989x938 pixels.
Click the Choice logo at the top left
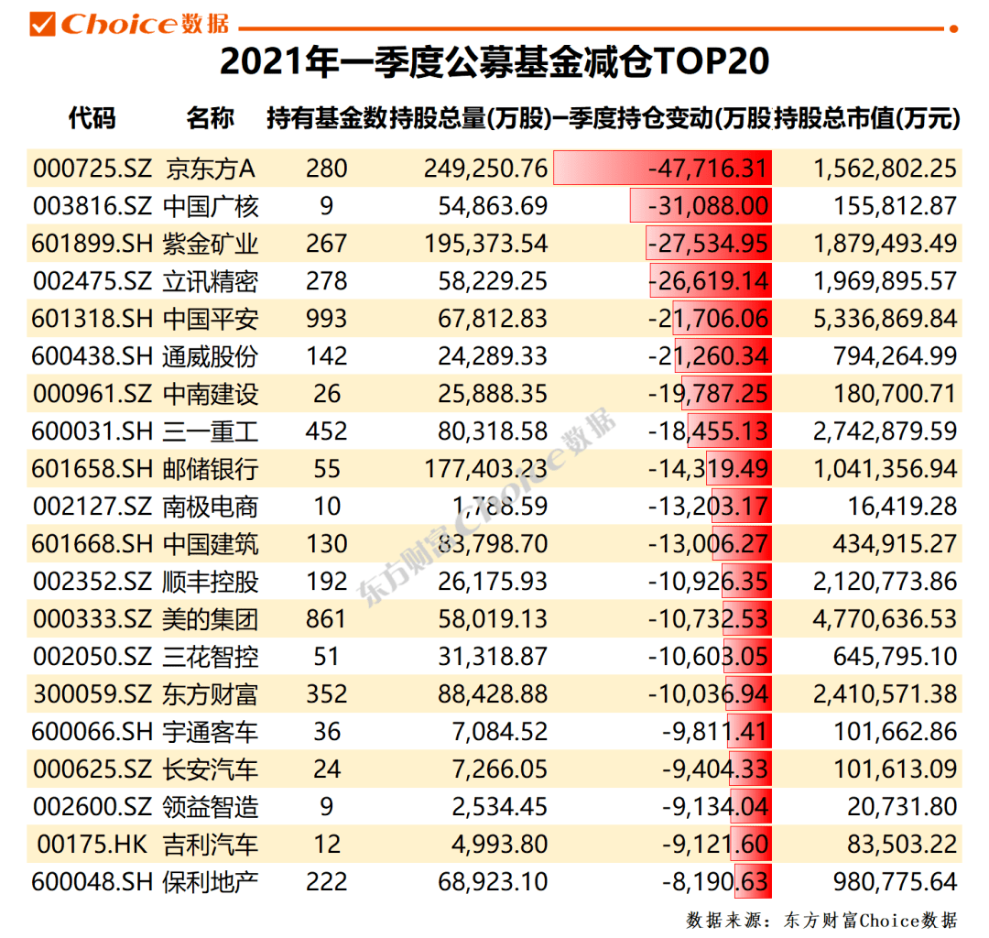tap(128, 23)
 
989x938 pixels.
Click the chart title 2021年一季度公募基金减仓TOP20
tap(494, 61)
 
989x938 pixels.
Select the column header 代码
tap(92, 118)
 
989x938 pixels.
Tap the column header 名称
tap(210, 118)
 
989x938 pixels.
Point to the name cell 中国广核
tap(211, 206)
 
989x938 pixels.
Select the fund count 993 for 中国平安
tap(327, 319)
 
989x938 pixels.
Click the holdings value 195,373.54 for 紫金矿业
tap(485, 244)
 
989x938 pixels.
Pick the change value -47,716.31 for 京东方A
tap(707, 169)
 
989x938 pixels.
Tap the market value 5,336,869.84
tap(884, 319)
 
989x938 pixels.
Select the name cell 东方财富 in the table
tap(211, 693)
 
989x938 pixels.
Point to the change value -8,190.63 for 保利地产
tap(714, 881)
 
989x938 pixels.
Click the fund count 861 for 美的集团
tap(327, 619)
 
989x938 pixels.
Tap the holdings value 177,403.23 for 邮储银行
tap(485, 469)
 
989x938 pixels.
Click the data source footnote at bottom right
tap(821, 919)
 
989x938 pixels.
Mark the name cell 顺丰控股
tap(211, 582)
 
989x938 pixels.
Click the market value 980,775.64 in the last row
tap(895, 881)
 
